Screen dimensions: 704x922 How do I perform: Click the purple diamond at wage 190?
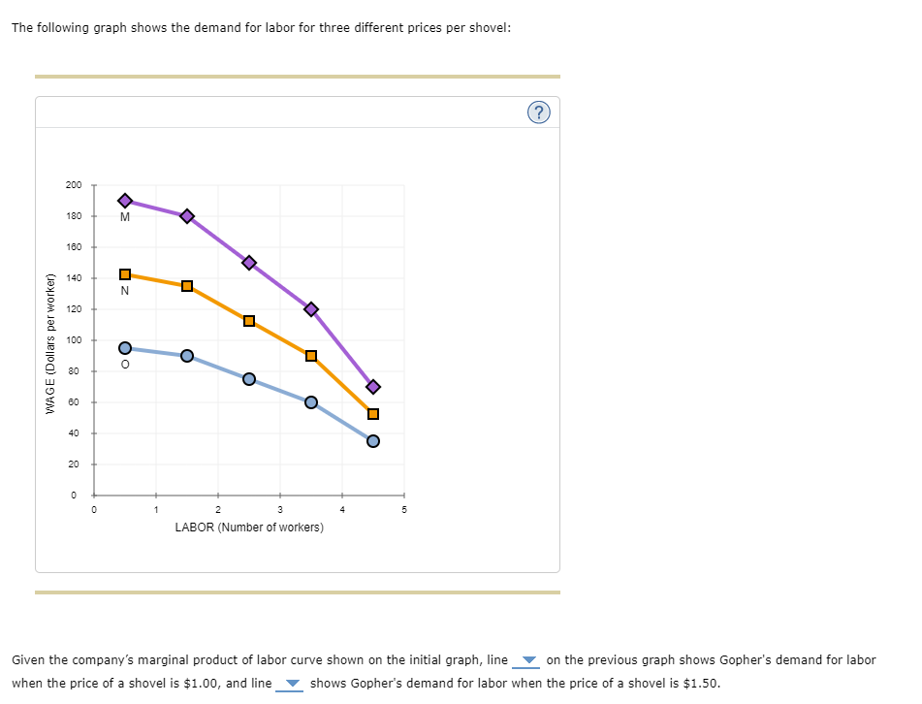(x=125, y=201)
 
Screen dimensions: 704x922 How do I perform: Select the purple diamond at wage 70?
(x=373, y=387)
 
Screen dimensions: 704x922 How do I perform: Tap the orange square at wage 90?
(x=311, y=356)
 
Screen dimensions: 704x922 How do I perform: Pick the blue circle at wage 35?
(x=373, y=441)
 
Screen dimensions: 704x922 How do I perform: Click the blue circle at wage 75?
(x=249, y=379)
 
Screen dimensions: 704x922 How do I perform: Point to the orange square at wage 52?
(x=373, y=415)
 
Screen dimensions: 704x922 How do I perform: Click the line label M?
(x=125, y=217)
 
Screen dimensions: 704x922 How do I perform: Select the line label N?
(x=125, y=290)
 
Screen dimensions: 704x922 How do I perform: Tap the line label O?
(x=125, y=365)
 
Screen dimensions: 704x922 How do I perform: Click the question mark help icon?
(x=540, y=112)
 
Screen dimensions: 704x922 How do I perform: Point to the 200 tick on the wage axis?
(x=74, y=185)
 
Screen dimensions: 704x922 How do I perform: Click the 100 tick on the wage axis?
(x=74, y=340)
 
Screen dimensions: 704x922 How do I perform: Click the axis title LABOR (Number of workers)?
(x=249, y=528)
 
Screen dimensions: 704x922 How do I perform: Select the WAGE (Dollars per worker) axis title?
(x=50, y=340)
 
